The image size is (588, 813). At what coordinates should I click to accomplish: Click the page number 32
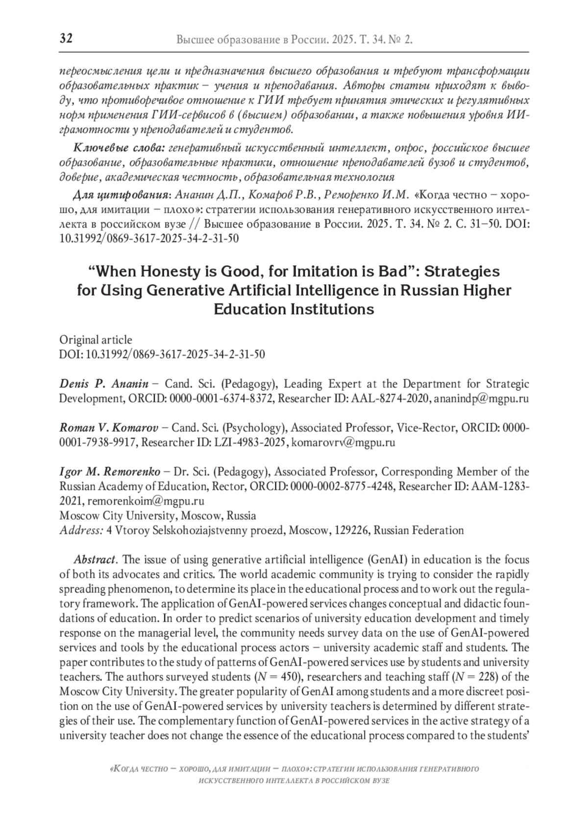click(x=66, y=39)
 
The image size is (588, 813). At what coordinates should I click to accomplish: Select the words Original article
click(x=96, y=340)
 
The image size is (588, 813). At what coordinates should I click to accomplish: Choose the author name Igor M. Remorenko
click(x=110, y=472)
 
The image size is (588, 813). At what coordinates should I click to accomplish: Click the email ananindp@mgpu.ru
click(x=482, y=398)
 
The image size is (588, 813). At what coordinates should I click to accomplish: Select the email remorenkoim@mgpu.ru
click(x=146, y=501)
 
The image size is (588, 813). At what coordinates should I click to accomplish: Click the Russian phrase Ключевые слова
click(x=118, y=148)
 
